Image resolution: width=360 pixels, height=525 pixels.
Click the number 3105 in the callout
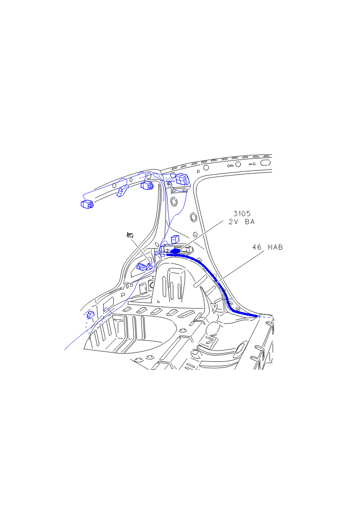pyautogui.click(x=242, y=213)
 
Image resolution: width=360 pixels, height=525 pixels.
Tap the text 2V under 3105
pyautogui.click(x=233, y=222)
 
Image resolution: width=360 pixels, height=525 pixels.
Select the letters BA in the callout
pyautogui.click(x=249, y=222)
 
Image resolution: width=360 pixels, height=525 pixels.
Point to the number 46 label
pyautogui.click(x=257, y=247)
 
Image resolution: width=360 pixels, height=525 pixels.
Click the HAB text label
pyautogui.click(x=275, y=247)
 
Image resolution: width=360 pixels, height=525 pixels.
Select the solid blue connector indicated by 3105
pyautogui.click(x=175, y=251)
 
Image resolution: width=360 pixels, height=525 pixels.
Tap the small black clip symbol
pyautogui.click(x=130, y=235)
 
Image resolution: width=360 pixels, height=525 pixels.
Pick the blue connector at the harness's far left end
pyautogui.click(x=87, y=204)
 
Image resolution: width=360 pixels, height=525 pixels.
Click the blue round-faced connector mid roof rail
pyautogui.click(x=147, y=185)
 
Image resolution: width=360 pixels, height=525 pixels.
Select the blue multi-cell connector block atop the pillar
pyautogui.click(x=182, y=179)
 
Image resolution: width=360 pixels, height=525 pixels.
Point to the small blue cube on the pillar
pyautogui.click(x=175, y=239)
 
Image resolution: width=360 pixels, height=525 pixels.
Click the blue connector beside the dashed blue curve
pyautogui.click(x=91, y=314)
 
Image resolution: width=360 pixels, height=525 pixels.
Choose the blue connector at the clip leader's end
pyautogui.click(x=142, y=267)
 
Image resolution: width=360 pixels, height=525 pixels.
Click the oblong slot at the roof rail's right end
pyautogui.click(x=265, y=163)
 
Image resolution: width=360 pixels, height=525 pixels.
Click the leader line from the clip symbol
pyautogui.click(x=140, y=251)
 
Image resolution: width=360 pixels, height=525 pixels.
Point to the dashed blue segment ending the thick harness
pyautogui.click(x=265, y=316)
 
